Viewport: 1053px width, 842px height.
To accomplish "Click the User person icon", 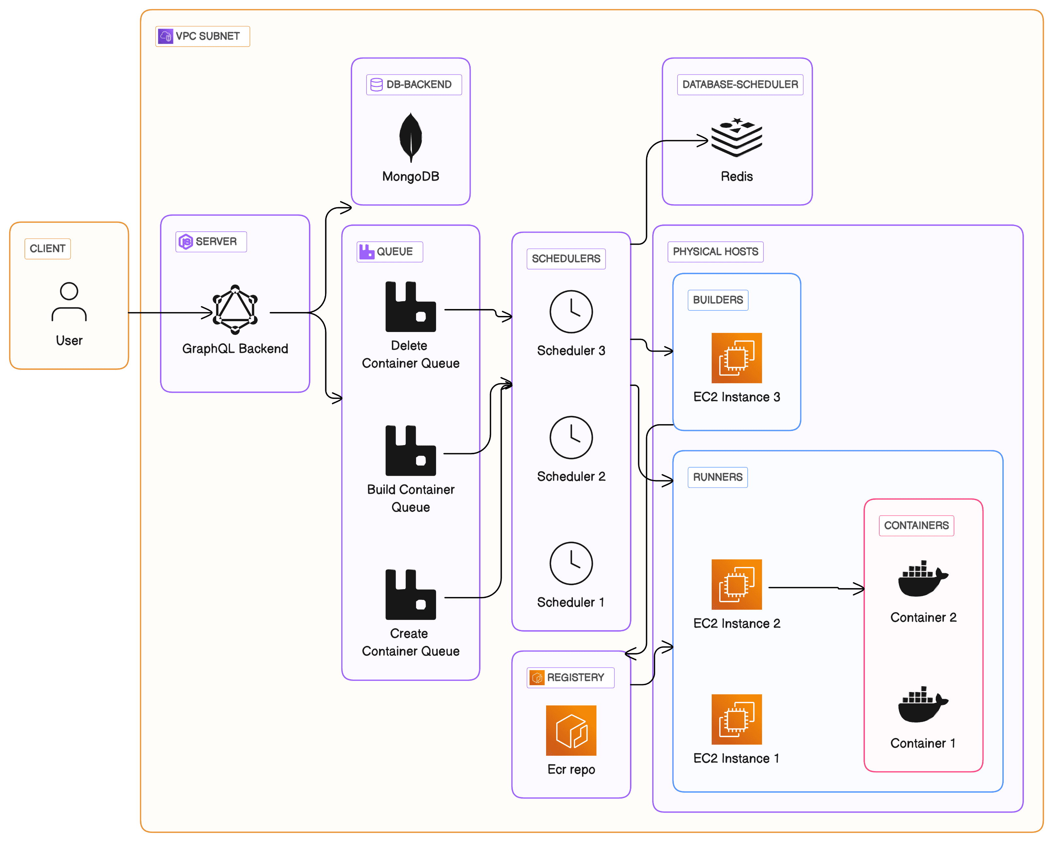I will click(69, 302).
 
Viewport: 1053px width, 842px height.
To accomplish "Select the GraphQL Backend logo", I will click(235, 310).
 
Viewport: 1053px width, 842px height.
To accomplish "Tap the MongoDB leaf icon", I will click(411, 137).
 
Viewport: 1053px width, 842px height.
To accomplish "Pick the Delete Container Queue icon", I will click(410, 306).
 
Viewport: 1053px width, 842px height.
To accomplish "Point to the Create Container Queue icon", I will click(410, 594).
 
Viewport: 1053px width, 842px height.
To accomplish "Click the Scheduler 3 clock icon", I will click(571, 312).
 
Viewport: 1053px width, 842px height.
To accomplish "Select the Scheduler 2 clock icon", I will click(571, 438).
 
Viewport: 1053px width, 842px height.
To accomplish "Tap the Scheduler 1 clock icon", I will click(571, 563).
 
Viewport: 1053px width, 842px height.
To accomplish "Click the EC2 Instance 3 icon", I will click(737, 358).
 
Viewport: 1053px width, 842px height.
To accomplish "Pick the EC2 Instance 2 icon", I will click(737, 585).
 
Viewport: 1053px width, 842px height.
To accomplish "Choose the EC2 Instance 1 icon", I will click(737, 719).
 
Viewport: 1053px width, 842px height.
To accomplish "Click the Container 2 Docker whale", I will click(922, 579).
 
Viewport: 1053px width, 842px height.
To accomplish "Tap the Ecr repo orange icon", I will click(571, 730).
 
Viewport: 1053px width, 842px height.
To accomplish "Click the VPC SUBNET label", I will click(203, 36).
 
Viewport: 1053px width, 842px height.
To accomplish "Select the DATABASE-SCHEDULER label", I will click(739, 85).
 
